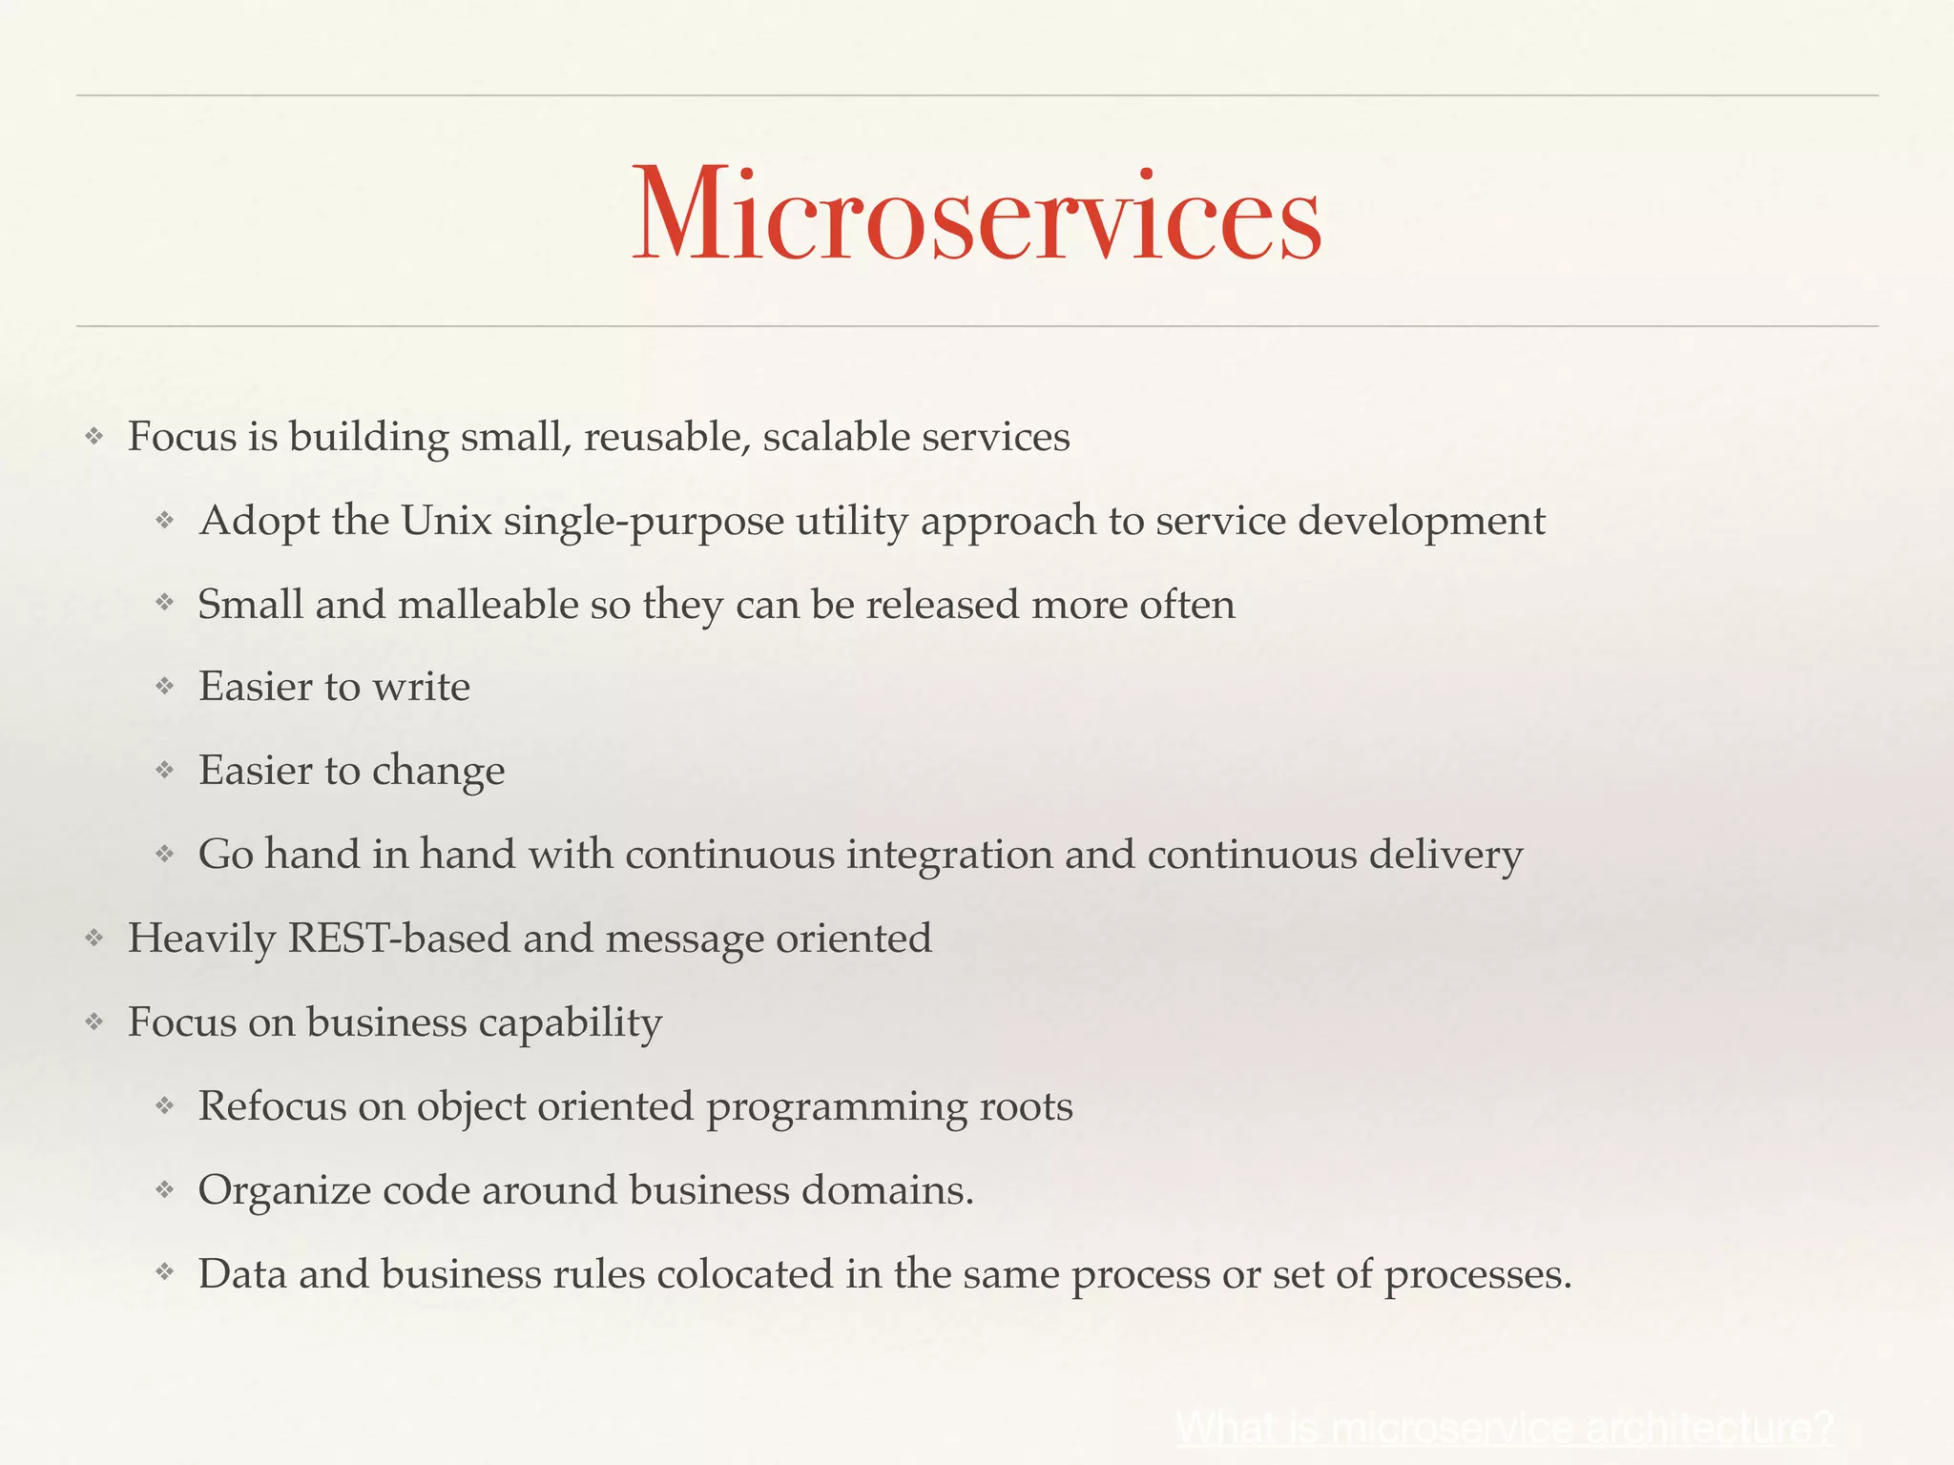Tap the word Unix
446,522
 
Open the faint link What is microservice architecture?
1505,1427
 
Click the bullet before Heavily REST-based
94,939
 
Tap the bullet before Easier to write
165,687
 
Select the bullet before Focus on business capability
94,1022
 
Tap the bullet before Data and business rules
165,1273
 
